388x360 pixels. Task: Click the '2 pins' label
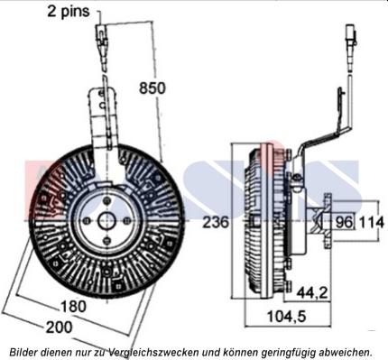(x=69, y=12)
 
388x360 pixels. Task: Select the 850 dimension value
(x=152, y=88)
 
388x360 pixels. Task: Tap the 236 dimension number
(x=216, y=223)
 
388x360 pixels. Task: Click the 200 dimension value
(x=59, y=328)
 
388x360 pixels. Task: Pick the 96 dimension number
(x=344, y=223)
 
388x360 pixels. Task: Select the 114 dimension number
(x=372, y=223)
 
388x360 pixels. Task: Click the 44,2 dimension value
(x=312, y=292)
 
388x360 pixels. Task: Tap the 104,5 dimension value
(x=287, y=316)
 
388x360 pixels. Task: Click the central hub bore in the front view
(x=106, y=221)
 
